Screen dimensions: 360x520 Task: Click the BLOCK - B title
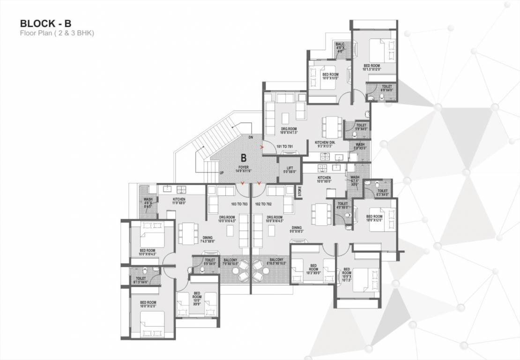point(45,23)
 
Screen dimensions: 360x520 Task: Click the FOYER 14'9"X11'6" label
point(243,169)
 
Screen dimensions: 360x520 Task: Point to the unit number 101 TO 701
point(284,146)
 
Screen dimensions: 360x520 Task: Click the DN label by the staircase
point(251,137)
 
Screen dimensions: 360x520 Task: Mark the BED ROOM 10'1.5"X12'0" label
point(373,67)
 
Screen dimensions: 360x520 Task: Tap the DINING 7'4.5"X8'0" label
point(207,240)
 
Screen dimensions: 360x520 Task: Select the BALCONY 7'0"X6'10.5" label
point(230,262)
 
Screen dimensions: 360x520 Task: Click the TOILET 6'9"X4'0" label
point(387,88)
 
